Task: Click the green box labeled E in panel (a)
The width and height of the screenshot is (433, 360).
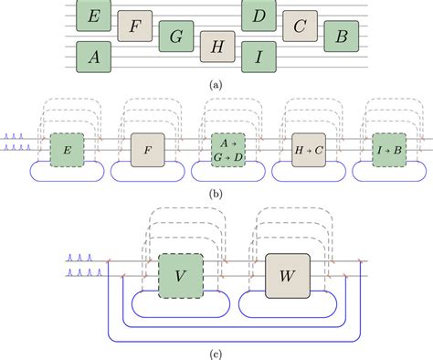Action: point(93,16)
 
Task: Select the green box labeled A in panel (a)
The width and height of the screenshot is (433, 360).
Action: point(93,57)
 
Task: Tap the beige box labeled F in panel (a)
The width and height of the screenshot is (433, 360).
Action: point(134,26)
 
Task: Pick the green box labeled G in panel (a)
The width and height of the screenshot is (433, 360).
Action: point(175,37)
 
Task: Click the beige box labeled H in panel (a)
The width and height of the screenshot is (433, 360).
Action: point(217,47)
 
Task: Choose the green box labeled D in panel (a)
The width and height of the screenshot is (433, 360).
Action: point(259,16)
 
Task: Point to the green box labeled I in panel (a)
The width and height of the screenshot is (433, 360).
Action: point(259,57)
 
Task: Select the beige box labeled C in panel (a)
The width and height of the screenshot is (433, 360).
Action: point(300,26)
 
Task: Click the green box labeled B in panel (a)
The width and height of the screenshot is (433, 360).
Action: point(341,37)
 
